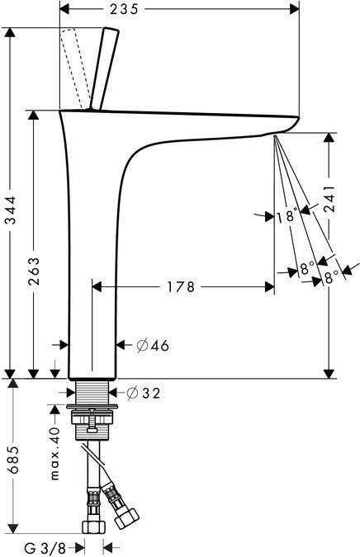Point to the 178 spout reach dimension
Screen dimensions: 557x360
click(x=181, y=287)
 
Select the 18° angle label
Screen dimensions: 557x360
click(x=287, y=216)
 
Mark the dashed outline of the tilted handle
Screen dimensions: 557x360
click(x=76, y=66)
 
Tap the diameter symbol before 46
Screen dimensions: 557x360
click(x=140, y=345)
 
